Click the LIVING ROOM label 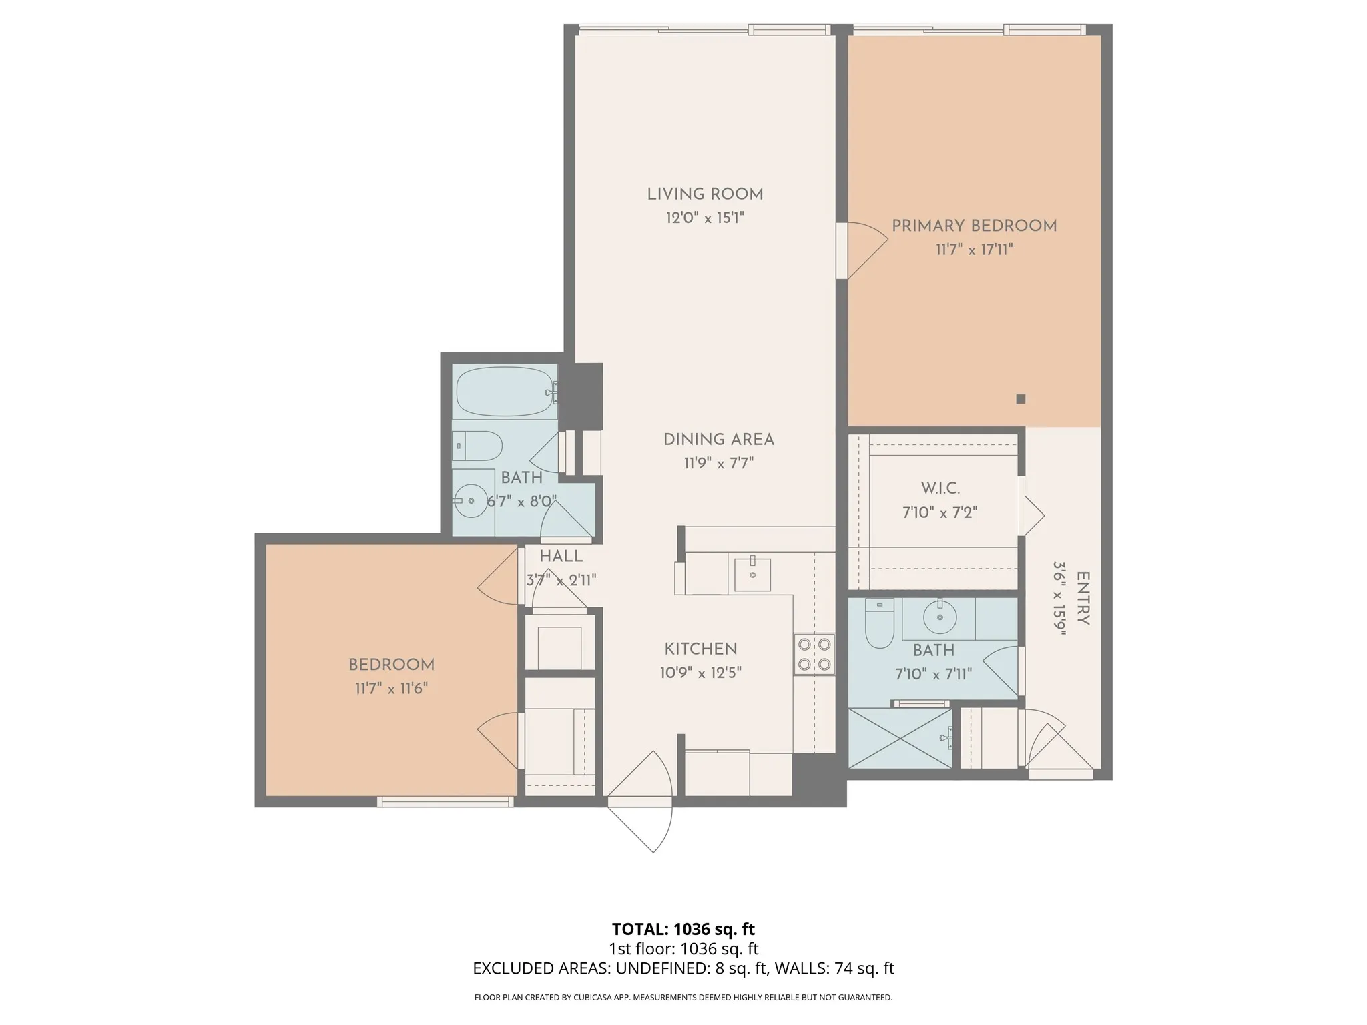pos(705,194)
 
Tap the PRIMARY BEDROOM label pos(975,226)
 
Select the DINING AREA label pos(719,440)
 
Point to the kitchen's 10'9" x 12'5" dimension pos(701,673)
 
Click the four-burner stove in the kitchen pos(814,654)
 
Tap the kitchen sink pos(752,575)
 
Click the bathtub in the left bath pos(505,392)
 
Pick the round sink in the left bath pos(471,500)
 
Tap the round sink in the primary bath pos(940,617)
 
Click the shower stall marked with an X pos(900,738)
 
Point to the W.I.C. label pos(940,488)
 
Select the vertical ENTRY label pos(1083,599)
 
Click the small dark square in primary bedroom pos(1021,399)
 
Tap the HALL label pos(561,556)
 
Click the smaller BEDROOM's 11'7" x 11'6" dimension pos(392,688)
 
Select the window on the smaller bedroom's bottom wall pos(446,801)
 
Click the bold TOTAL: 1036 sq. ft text pos(683,929)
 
